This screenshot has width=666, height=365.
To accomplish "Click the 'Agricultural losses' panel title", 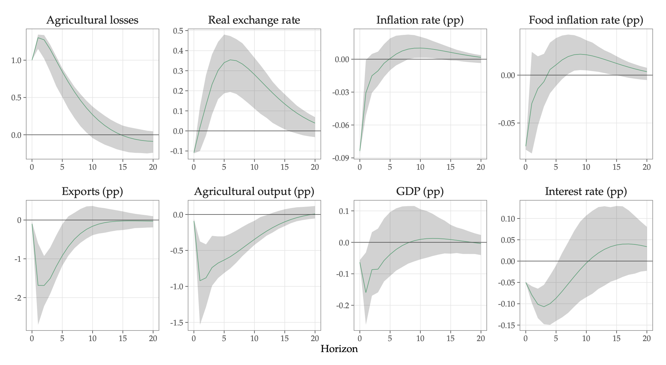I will coord(92,20).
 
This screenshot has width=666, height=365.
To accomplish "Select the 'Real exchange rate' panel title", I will coord(254,20).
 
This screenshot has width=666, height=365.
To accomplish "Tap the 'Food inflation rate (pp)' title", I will coord(586,20).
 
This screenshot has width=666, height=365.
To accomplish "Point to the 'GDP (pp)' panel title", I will coord(420,192).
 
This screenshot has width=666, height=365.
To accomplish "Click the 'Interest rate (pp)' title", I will coord(586,192).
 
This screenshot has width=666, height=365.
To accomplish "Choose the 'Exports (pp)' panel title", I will coord(92,192).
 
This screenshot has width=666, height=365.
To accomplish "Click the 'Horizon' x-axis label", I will coord(339,349).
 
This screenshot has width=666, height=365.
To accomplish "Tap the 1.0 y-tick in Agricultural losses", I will coord(16,60).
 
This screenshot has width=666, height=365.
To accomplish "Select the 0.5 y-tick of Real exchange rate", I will coord(178,31).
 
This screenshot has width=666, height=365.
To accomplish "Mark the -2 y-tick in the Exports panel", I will coord(18,298).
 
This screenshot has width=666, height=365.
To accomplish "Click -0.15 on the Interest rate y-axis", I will coord(507,325).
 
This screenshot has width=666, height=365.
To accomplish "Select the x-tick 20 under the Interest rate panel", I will coord(647,339).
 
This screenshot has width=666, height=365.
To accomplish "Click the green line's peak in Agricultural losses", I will coord(38,38).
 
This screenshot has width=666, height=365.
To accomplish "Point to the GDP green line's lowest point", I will coord(366,293).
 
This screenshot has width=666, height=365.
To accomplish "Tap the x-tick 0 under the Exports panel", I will coord(32,339).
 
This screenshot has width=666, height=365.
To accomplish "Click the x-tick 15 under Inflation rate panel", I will coord(451,167).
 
